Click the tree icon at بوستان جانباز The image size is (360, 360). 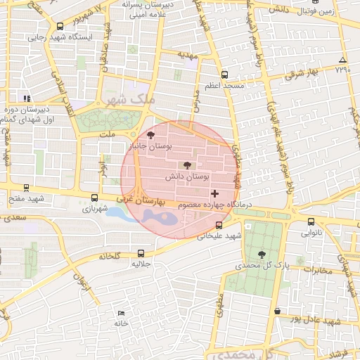(x=151, y=135)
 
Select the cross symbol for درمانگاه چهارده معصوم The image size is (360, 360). (x=214, y=193)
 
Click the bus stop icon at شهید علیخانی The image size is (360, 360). (x=219, y=226)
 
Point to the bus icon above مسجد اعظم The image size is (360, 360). (x=224, y=75)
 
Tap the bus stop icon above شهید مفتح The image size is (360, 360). (x=27, y=188)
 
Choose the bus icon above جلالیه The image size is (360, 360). (x=141, y=253)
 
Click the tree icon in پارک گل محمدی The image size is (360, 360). (x=262, y=255)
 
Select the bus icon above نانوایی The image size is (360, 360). (x=311, y=221)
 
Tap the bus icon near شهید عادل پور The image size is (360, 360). (x=278, y=311)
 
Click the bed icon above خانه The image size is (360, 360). (x=122, y=313)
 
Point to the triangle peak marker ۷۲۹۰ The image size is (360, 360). (x=342, y=60)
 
